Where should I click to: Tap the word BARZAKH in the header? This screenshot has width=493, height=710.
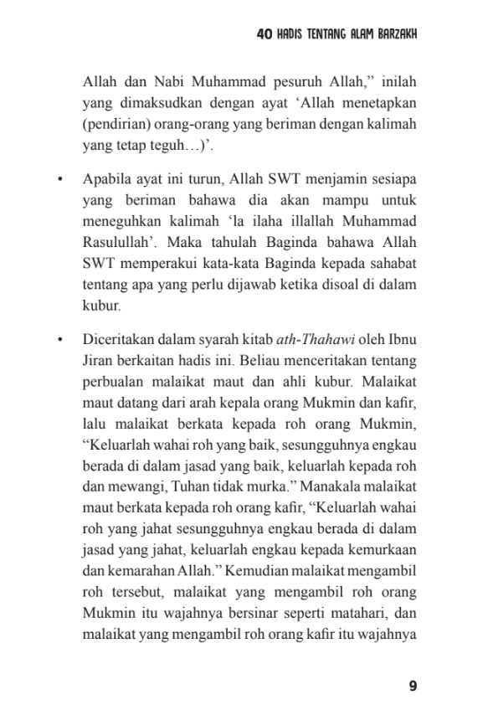click(x=390, y=34)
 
